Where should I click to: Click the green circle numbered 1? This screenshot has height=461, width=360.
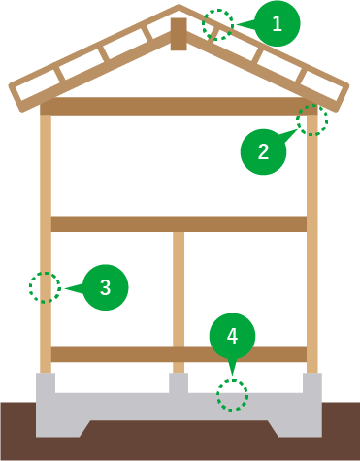point(278,25)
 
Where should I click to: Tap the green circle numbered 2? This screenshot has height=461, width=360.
point(263,151)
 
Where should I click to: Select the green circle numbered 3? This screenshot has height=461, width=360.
point(106,286)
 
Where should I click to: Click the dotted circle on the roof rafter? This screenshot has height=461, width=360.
point(220,24)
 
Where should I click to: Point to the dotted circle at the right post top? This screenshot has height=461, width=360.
point(312,119)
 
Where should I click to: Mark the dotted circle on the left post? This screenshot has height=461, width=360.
point(45,287)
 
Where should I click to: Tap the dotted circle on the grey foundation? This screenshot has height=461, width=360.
point(232,395)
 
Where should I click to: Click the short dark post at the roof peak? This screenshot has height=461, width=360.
point(178,34)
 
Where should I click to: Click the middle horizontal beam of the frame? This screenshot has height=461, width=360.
point(178,224)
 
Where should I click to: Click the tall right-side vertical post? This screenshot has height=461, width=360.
point(312,243)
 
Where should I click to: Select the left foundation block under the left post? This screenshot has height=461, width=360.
point(46,383)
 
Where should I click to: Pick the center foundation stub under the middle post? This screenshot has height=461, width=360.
point(178,382)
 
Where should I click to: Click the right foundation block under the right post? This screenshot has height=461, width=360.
point(312,383)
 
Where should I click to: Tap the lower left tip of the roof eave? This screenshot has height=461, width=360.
point(16,98)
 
